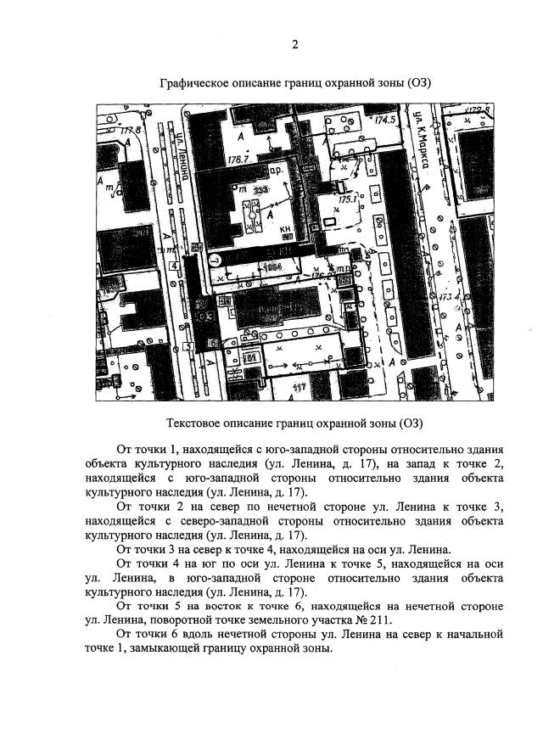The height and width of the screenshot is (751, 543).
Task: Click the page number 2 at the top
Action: coord(294,45)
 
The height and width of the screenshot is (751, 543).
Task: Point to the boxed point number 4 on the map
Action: coord(173,266)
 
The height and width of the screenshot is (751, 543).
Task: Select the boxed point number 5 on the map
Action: coord(186,348)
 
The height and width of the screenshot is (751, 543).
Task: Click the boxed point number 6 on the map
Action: coord(212,342)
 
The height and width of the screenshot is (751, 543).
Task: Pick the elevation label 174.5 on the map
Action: coord(384,120)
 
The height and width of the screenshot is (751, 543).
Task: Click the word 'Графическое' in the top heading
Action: coord(196,83)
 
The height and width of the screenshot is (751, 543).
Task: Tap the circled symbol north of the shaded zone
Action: coord(215,260)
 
